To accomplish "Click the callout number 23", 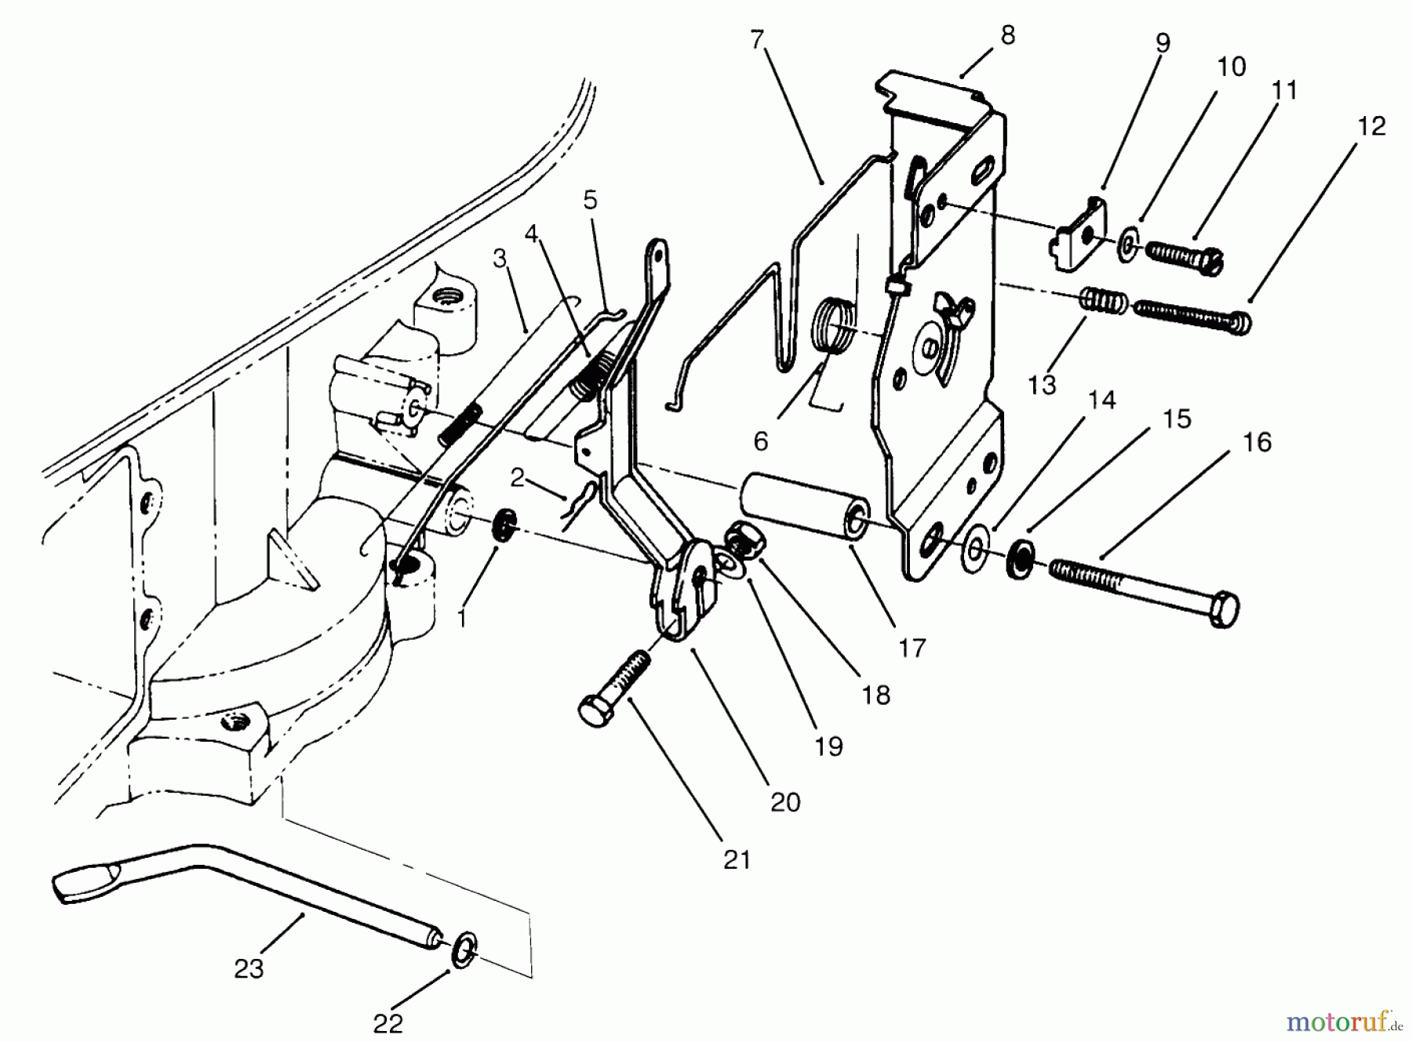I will tap(249, 969).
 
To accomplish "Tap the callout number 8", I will tap(1008, 35).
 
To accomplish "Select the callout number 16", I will tap(1257, 442).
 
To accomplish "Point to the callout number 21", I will tap(737, 860).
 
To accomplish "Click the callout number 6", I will tap(760, 441).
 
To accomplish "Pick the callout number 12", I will tap(1371, 125).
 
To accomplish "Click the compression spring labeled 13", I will tap(1104, 301).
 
